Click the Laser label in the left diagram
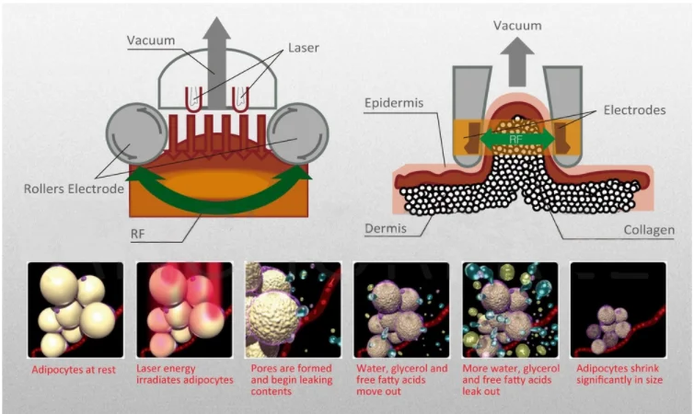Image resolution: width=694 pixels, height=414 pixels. coord(303,47)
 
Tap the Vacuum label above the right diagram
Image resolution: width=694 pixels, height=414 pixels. coord(517,25)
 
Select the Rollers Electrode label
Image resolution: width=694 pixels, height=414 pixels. coord(74,189)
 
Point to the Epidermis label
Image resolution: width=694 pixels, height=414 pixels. coord(394,103)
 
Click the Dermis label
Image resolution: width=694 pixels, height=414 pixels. coord(386,228)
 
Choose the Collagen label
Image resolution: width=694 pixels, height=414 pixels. coord(649,230)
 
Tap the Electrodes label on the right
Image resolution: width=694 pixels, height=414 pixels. coord(635,109)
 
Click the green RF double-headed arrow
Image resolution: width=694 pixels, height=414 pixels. coord(517,139)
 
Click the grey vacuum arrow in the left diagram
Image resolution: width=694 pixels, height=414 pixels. coord(217,62)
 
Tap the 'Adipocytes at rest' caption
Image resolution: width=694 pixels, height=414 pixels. coord(74,370)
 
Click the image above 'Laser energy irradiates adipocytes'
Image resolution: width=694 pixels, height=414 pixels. coord(184,310)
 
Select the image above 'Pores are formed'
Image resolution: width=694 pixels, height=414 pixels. coord(293,310)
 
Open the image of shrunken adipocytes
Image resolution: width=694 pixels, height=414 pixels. coord(619,310)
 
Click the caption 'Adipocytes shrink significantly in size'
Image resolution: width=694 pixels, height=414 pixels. coord(619,374)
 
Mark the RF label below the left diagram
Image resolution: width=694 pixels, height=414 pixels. coord(138,234)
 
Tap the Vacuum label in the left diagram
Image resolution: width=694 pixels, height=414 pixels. coord(151,40)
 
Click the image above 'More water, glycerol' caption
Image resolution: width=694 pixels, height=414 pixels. coord(510,310)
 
